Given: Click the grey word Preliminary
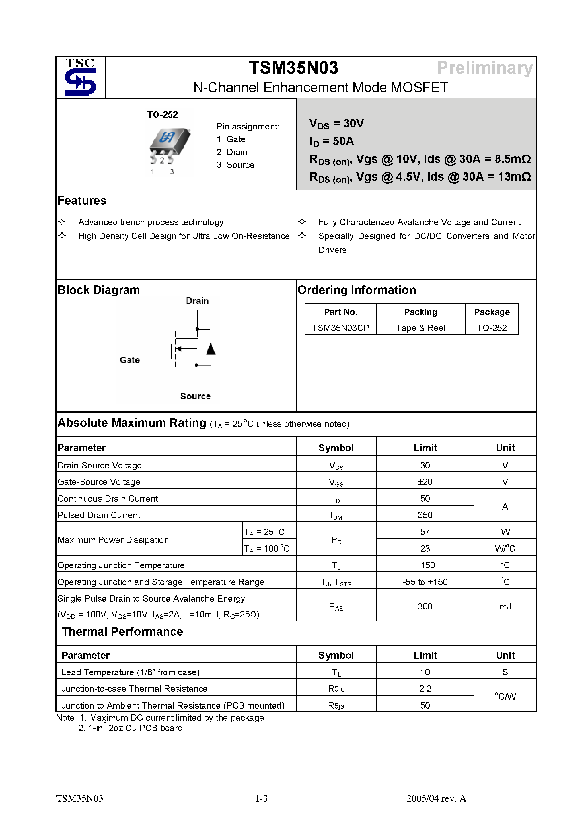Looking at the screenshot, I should [x=484, y=68].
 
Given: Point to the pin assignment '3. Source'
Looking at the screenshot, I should [x=235, y=165].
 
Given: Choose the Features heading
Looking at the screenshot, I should [x=82, y=200].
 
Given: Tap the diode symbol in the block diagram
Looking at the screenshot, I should [x=211, y=349].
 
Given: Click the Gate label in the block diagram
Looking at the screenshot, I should [x=130, y=360].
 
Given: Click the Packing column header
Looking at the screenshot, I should [x=421, y=312].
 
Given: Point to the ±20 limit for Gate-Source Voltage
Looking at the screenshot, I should [x=425, y=482].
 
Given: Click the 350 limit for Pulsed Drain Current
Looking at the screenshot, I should [x=425, y=515].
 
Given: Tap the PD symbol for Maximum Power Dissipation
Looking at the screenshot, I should [x=336, y=540].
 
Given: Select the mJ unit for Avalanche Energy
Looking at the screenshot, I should [x=505, y=606].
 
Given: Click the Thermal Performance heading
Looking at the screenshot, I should [x=122, y=632].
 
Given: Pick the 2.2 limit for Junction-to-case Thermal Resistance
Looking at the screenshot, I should [x=425, y=689].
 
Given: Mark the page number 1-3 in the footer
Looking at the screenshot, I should [x=261, y=798].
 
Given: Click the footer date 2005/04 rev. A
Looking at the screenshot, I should [x=436, y=798].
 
